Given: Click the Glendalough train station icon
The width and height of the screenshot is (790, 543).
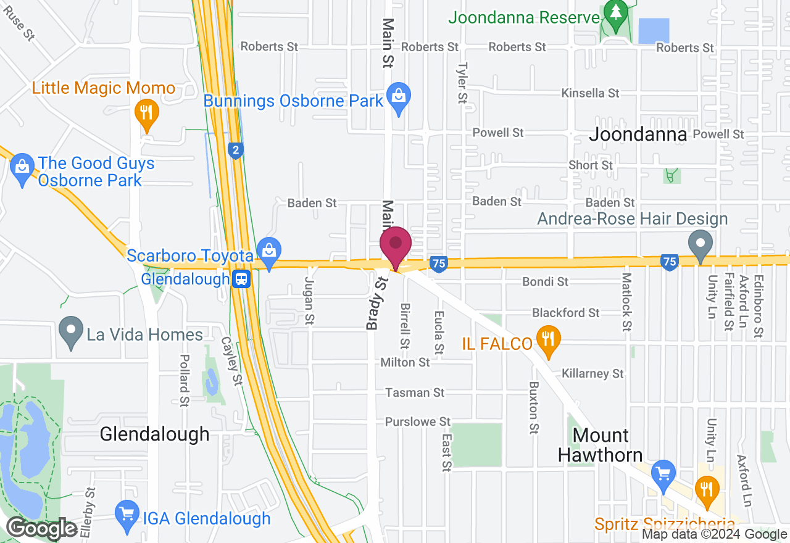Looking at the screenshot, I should (241, 279).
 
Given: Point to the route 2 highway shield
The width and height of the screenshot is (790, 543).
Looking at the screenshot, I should (235, 150).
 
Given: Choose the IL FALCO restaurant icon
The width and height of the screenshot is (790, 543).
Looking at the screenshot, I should (547, 339).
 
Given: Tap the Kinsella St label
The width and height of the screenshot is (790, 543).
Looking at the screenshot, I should (590, 93).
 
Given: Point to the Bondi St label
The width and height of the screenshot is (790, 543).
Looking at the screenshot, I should (545, 281).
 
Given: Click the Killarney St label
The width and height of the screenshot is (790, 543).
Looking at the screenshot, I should (592, 373).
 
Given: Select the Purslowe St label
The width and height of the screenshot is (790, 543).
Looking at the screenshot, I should (418, 421).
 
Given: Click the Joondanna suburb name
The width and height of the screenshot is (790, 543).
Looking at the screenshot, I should (638, 135).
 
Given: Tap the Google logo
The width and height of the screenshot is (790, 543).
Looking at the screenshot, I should (42, 529).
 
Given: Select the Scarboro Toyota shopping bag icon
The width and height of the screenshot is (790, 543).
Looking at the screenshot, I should (269, 251).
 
